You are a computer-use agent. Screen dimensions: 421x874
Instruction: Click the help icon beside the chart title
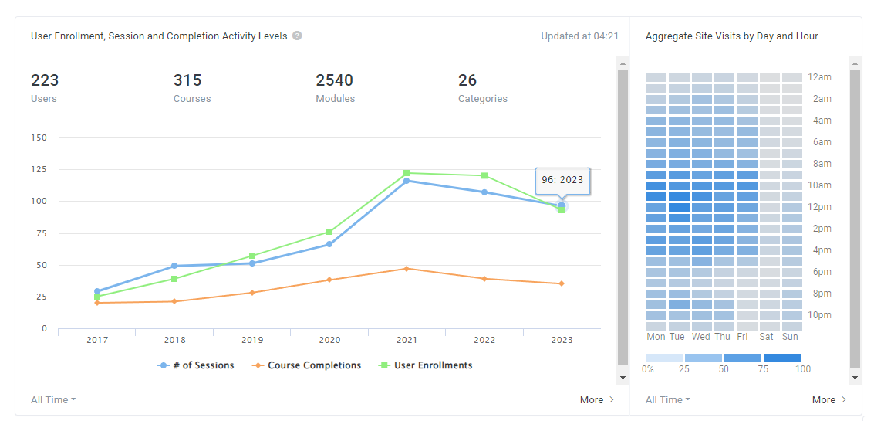pyautogui.click(x=297, y=36)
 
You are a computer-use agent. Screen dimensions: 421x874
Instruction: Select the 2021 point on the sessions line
pyautogui.click(x=407, y=181)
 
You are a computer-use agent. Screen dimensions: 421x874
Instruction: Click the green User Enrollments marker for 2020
pyautogui.click(x=329, y=232)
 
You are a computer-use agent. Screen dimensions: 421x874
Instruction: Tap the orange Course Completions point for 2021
pyautogui.click(x=407, y=269)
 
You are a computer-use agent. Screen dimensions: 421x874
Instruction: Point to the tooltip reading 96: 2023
pyautogui.click(x=562, y=180)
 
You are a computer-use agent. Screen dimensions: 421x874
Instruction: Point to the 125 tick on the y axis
pyautogui.click(x=39, y=169)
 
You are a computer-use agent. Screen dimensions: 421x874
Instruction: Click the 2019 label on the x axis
pyautogui.click(x=251, y=340)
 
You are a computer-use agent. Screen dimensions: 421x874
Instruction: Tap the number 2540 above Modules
pyautogui.click(x=334, y=80)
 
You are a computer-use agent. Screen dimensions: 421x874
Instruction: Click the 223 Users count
pyautogui.click(x=45, y=80)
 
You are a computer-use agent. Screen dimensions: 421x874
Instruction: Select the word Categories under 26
pyautogui.click(x=482, y=99)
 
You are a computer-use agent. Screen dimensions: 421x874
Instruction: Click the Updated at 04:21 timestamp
pyautogui.click(x=579, y=36)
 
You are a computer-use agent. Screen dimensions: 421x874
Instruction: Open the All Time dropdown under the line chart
pyautogui.click(x=53, y=400)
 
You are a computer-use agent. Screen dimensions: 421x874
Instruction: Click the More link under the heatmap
pyautogui.click(x=829, y=400)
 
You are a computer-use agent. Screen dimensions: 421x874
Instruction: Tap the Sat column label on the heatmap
pyautogui.click(x=767, y=337)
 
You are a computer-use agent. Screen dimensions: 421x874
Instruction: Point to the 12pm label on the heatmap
pyautogui.click(x=820, y=207)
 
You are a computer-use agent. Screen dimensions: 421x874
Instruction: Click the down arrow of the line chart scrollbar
pyautogui.click(x=623, y=378)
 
